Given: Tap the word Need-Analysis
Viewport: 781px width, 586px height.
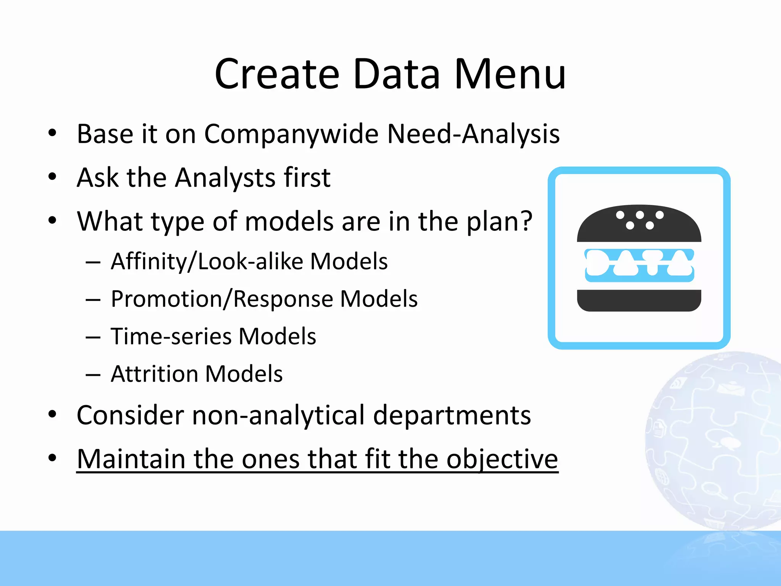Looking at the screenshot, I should [x=473, y=134].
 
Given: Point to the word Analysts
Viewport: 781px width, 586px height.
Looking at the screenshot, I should [x=225, y=178].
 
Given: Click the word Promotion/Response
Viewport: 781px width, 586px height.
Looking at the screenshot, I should [x=221, y=299].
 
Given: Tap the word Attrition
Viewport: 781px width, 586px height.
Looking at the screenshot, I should [x=154, y=374].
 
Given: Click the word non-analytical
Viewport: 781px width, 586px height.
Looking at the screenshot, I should [x=278, y=415].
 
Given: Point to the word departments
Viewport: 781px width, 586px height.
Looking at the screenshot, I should [x=452, y=415].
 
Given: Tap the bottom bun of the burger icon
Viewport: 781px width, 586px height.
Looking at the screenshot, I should [x=639, y=300].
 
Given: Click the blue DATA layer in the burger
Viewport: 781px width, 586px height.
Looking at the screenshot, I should [x=639, y=266].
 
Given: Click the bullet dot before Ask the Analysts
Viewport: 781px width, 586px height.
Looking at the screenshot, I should [x=52, y=177].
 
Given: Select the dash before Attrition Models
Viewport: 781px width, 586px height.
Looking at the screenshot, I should [x=93, y=375].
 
